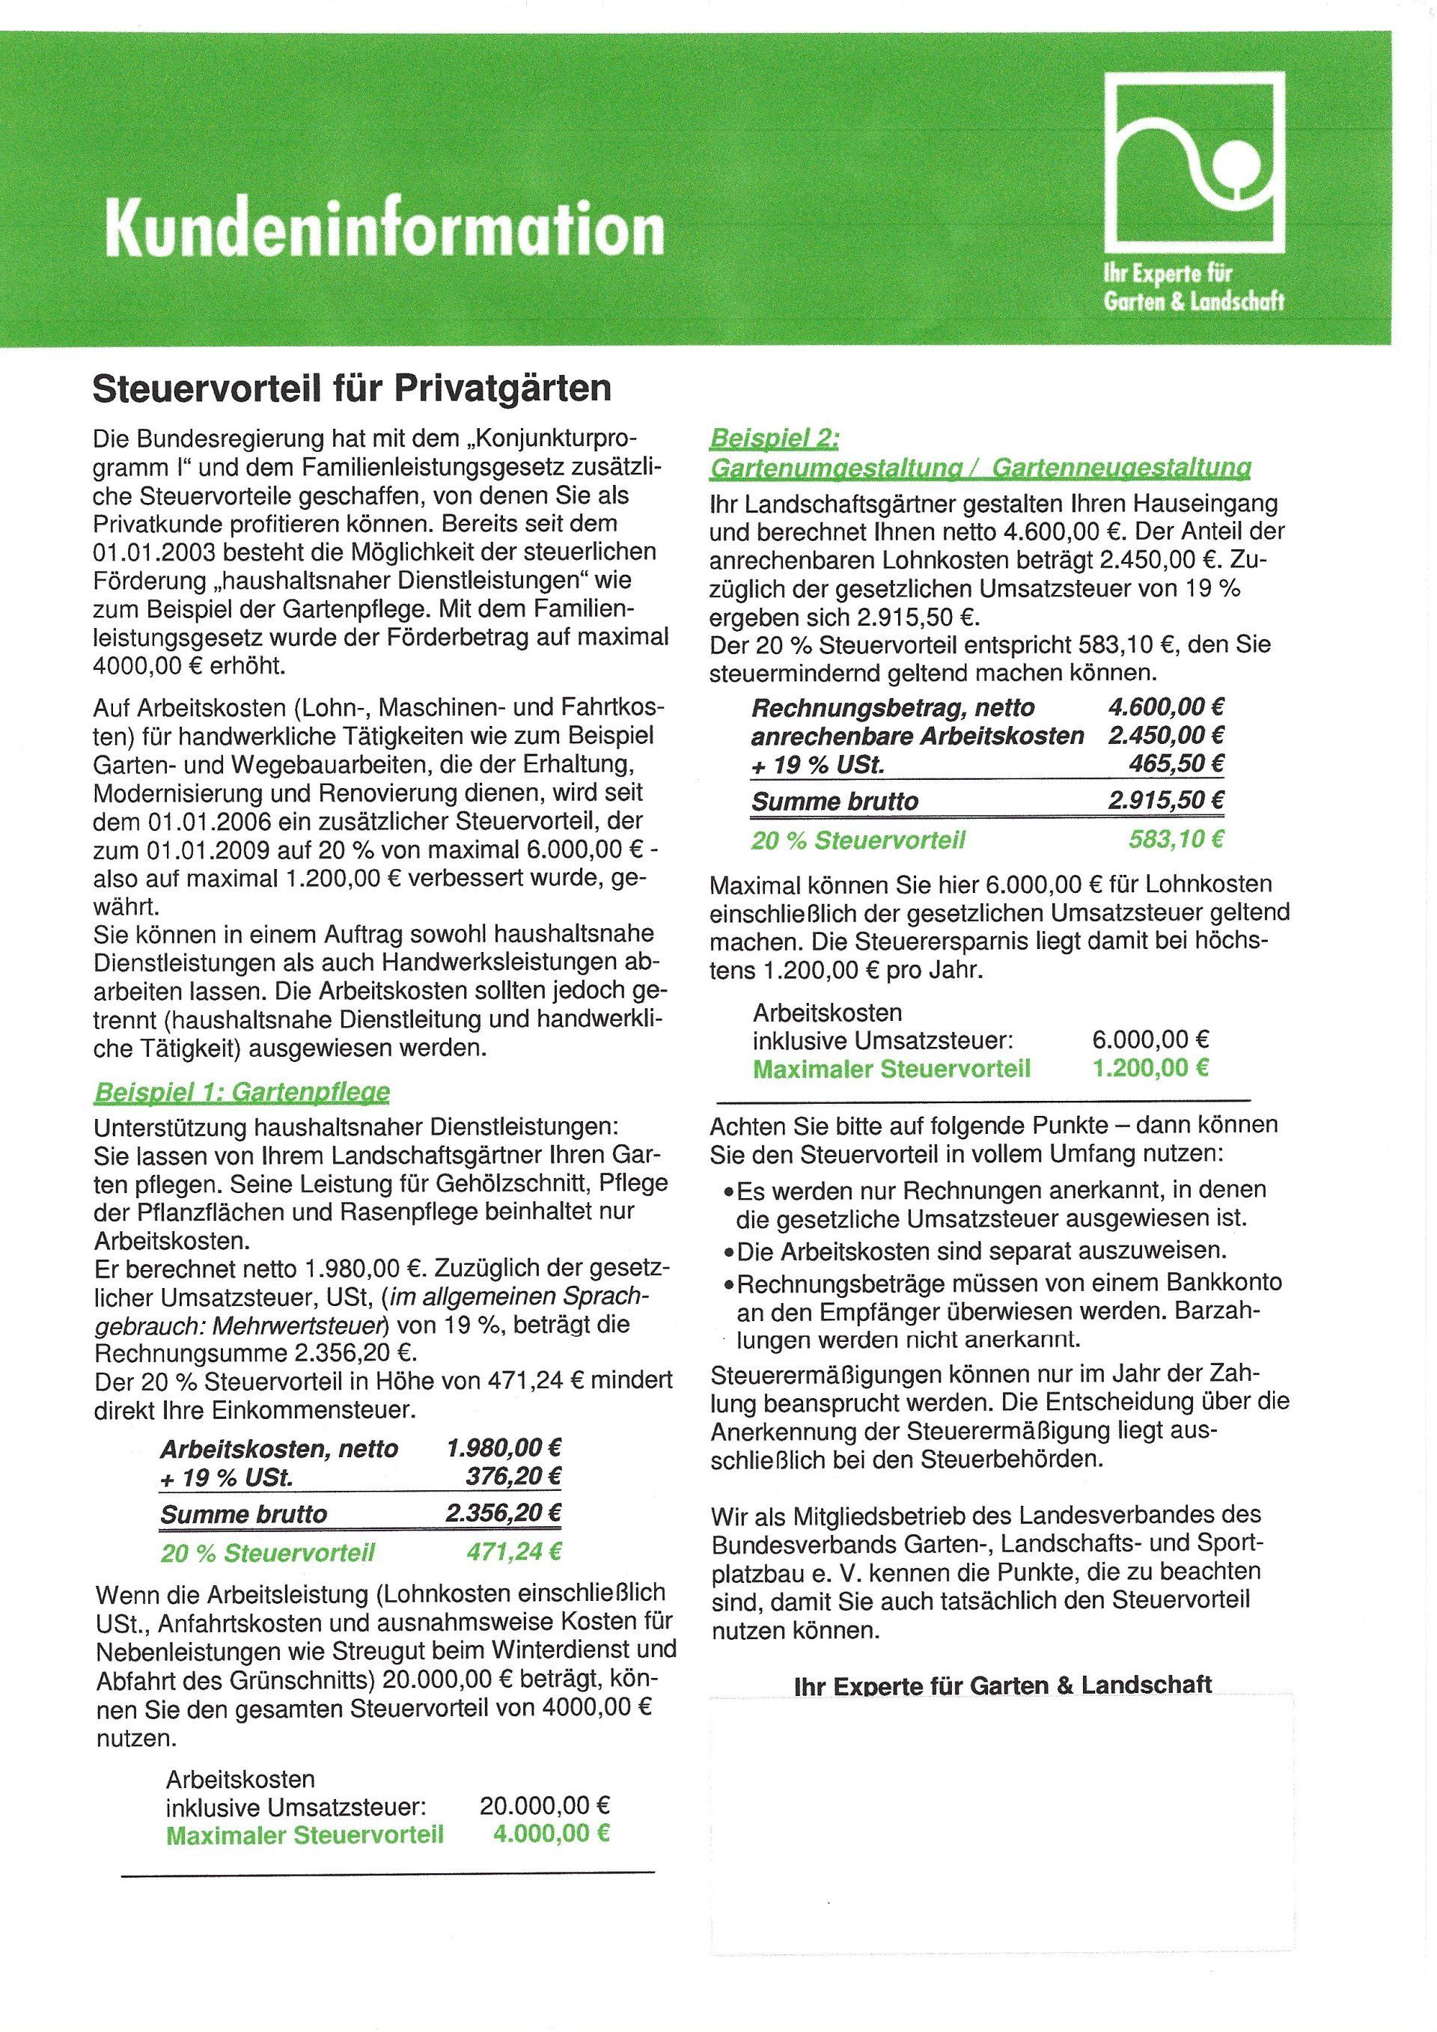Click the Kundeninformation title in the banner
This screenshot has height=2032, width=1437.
coord(384,228)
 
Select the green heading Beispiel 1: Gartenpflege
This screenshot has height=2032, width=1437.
coord(242,1091)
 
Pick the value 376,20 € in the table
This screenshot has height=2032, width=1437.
coord(514,1476)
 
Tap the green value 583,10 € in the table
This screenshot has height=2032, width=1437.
coord(1176,838)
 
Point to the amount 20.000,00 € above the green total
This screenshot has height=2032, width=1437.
coord(545,1804)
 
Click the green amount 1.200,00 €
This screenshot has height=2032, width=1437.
coord(1150,1067)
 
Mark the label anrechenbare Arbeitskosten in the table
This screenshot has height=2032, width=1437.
coord(917,736)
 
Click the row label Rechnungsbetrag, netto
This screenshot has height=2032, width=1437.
coord(892,707)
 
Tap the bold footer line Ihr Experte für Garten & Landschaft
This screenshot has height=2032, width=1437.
coord(1004,1683)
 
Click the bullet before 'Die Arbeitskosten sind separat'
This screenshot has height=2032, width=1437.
coord(728,1252)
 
